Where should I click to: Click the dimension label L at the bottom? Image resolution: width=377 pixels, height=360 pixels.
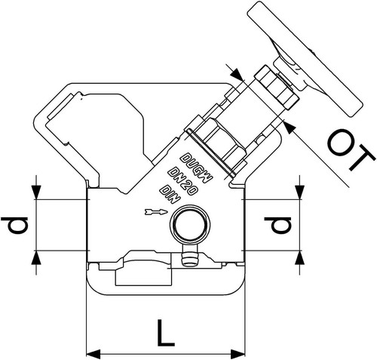[x=165, y=333]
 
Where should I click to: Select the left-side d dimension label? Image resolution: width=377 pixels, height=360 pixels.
[x=14, y=225]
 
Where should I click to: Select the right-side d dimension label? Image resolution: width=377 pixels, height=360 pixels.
[x=277, y=225]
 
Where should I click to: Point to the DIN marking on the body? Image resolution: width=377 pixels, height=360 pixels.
[x=170, y=194]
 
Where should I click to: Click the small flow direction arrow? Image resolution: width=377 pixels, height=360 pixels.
[x=156, y=212]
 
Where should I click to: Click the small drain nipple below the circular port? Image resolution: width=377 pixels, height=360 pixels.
[x=188, y=256]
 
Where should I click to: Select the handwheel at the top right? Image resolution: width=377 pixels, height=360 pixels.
[x=305, y=59]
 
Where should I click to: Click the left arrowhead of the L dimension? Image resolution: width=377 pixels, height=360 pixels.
[x=93, y=354]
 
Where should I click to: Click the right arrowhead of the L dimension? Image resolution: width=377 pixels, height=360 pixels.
[x=238, y=354]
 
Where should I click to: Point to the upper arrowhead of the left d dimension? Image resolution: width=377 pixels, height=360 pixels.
[x=36, y=192]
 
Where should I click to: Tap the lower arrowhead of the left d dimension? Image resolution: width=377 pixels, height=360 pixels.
[x=36, y=257]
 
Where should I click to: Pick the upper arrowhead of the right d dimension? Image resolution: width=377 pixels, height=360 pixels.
[x=299, y=192]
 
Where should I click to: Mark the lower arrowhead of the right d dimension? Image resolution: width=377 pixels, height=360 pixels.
[x=299, y=257]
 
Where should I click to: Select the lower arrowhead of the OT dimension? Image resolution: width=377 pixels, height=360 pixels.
[x=290, y=128]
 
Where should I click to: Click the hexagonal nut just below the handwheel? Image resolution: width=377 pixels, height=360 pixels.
[x=276, y=87]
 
